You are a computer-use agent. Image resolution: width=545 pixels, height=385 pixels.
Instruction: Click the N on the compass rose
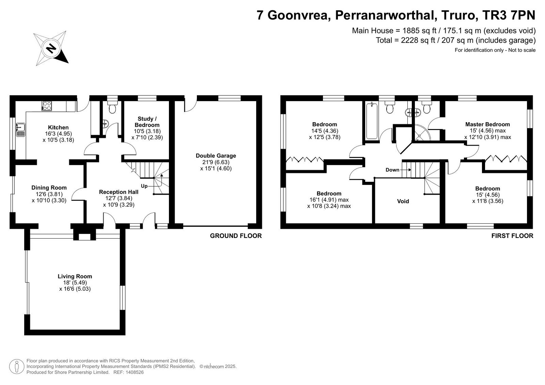point(51,48)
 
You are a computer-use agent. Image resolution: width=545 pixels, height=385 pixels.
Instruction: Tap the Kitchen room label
point(58,127)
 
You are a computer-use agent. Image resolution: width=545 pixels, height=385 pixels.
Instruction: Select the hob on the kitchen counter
point(46,106)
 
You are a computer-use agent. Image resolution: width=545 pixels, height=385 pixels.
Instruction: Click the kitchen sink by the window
point(21,130)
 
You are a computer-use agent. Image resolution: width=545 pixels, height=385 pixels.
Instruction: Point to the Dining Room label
point(49,188)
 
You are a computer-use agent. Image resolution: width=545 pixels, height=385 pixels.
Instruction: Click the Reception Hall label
point(119,192)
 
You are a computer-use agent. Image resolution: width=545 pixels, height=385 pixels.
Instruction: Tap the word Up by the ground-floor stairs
point(144,186)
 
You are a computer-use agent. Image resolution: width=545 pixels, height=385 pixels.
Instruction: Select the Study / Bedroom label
point(147,122)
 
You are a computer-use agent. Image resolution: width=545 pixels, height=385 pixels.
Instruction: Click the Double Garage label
point(216,156)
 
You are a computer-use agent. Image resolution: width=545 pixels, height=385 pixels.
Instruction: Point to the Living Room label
point(75,276)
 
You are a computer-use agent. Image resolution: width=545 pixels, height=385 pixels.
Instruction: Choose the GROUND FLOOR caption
point(236,236)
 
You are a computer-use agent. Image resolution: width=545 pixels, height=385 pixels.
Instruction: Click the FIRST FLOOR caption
point(512,236)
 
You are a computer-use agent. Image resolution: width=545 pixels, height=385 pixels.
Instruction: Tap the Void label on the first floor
point(403,201)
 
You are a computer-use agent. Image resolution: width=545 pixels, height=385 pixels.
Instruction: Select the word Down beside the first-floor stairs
point(392,170)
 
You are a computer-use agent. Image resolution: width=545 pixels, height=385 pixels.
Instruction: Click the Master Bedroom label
point(487,124)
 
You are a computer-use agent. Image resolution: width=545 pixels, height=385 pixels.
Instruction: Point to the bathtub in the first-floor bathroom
point(372,121)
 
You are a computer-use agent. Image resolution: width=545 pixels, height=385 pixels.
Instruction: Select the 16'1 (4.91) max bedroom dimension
point(329,200)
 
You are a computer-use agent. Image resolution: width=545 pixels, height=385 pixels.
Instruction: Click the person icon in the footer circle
point(17,367)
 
